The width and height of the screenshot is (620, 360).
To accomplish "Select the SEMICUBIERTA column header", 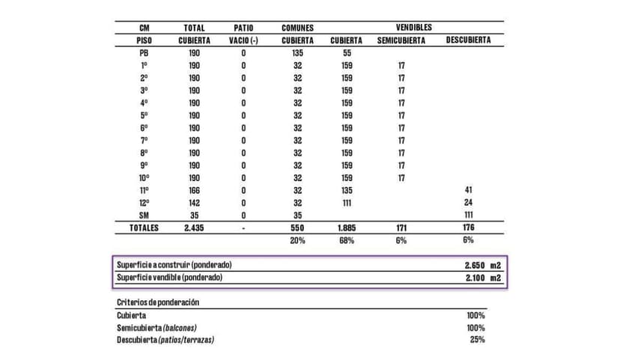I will click(x=401, y=40).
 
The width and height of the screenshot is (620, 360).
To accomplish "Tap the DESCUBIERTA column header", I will click(x=469, y=40).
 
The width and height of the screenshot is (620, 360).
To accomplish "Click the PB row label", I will click(x=144, y=53).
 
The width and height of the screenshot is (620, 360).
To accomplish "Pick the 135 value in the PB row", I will click(x=297, y=53).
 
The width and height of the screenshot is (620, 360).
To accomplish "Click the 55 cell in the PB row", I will click(x=347, y=53).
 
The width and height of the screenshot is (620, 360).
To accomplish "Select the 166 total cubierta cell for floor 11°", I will click(x=195, y=190).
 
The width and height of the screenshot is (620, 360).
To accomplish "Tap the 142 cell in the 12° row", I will click(x=195, y=203).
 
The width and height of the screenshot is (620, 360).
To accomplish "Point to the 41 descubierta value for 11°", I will click(x=469, y=190).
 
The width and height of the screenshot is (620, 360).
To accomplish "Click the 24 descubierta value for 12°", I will click(x=469, y=203).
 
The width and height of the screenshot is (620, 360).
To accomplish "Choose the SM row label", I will click(x=144, y=216).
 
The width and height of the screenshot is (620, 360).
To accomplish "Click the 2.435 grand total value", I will click(x=194, y=228).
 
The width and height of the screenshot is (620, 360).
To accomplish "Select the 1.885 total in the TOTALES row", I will click(x=347, y=228).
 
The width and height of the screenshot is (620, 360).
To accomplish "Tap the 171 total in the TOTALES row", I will click(x=401, y=228).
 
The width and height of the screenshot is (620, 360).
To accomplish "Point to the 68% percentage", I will click(x=347, y=240).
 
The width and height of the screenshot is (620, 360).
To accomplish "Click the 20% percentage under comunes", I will click(x=297, y=240).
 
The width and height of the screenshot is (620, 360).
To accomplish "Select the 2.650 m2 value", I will click(x=482, y=266).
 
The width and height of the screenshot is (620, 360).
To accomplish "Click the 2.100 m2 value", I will click(x=482, y=278).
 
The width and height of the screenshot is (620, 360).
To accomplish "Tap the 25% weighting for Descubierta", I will click(x=476, y=340).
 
